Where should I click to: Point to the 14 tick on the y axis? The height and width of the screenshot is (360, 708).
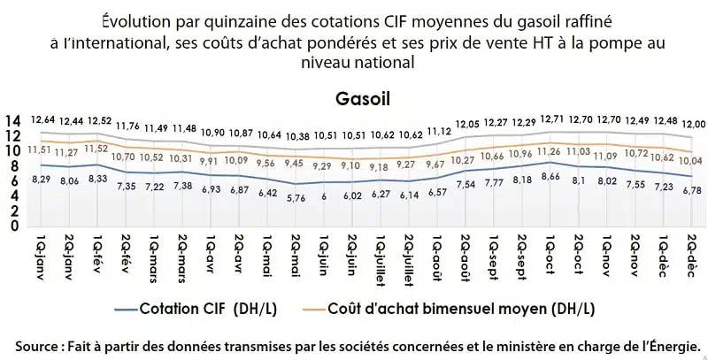point(12,120)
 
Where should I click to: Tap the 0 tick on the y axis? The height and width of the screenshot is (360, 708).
point(12,225)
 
